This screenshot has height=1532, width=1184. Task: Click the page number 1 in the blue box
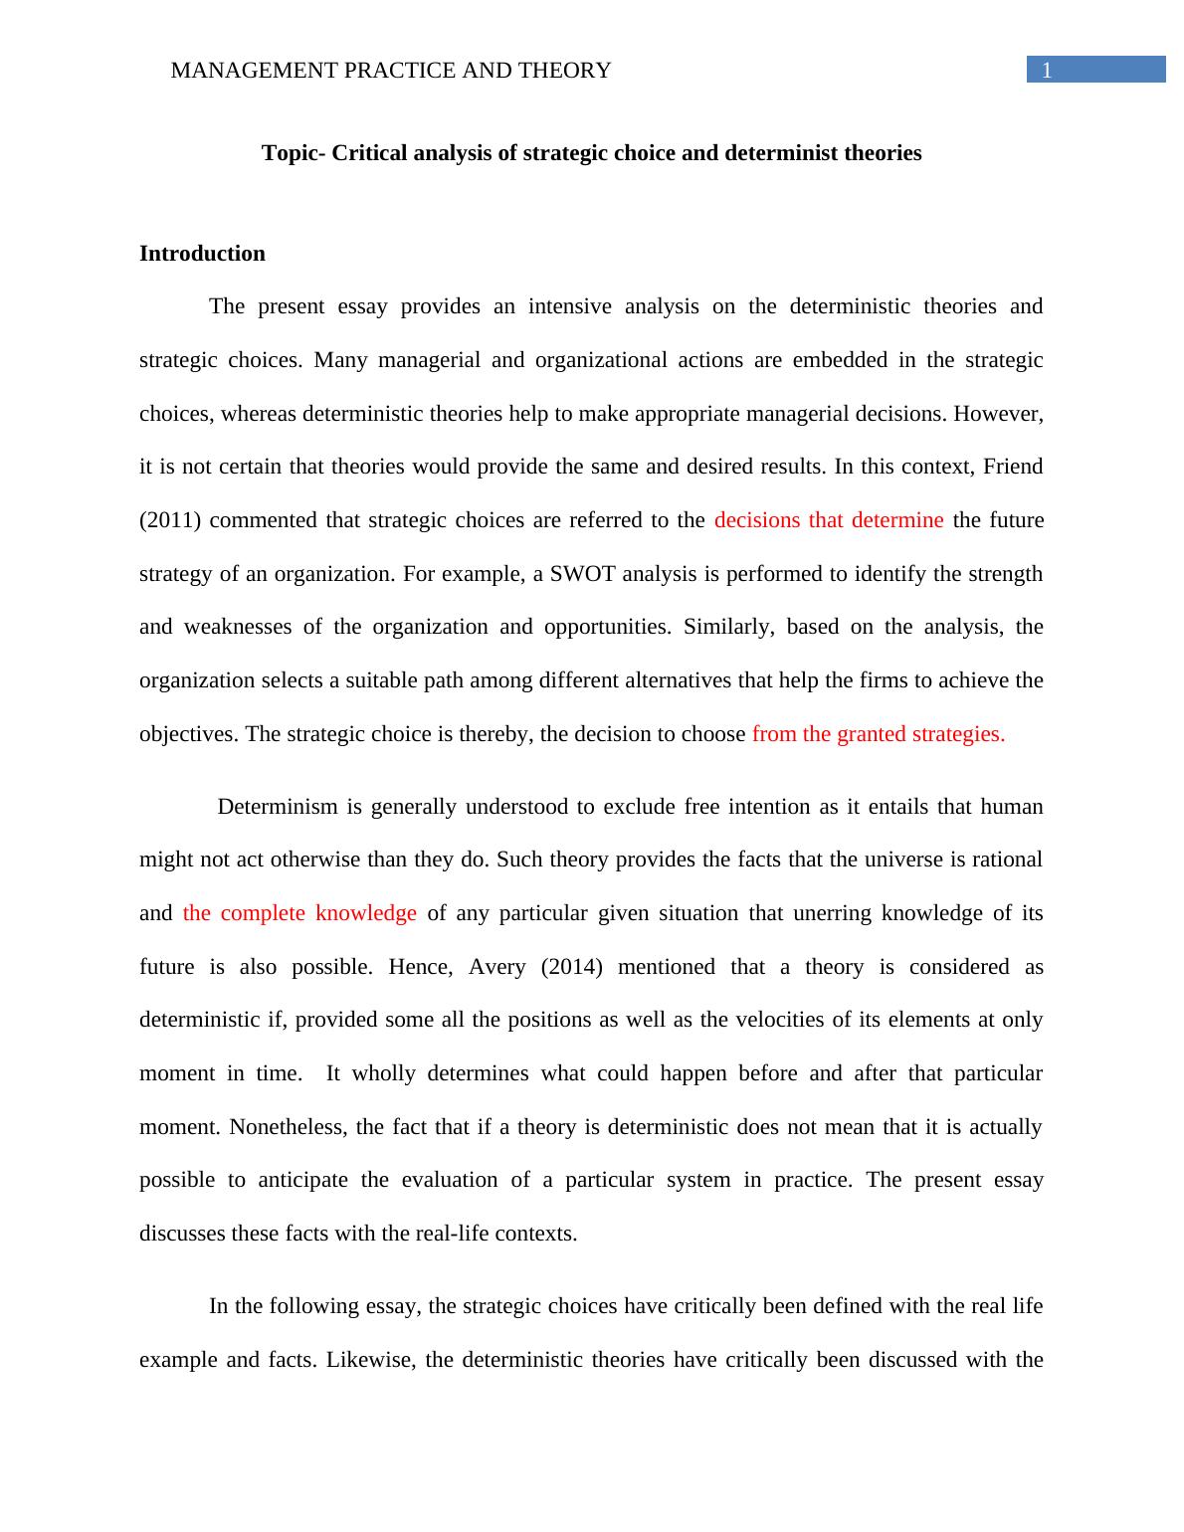click(x=1046, y=70)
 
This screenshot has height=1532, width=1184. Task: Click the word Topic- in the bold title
click(x=294, y=153)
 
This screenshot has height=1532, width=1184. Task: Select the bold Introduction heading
click(x=202, y=254)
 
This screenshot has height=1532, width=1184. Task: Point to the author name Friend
click(x=1013, y=467)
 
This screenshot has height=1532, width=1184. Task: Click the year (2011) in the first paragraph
click(x=170, y=520)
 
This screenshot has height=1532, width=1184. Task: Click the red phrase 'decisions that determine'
click(x=829, y=520)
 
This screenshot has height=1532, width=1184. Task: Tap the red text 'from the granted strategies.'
click(x=879, y=734)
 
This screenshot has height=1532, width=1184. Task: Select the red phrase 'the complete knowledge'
click(x=299, y=913)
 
